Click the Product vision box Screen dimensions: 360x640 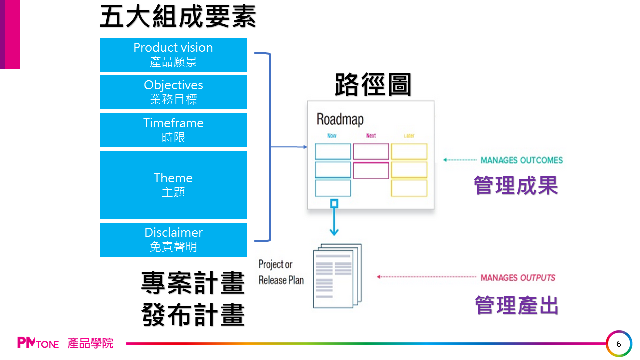pos(173,55)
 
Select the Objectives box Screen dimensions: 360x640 pos(173,92)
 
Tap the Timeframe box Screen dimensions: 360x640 pos(173,130)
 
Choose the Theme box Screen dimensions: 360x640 pos(173,185)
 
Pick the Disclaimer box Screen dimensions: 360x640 pos(173,240)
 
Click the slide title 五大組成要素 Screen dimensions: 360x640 pos(178,17)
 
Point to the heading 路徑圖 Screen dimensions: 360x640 pos(373,85)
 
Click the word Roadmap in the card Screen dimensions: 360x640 pos(340,119)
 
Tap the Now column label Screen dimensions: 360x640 pos(332,136)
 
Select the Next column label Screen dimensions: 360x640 pos(371,136)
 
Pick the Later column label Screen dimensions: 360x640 pos(409,136)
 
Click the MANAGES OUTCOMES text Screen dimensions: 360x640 pos(521,160)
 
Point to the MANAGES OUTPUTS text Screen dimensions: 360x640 pos(518,278)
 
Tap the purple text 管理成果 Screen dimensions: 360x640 pos(516,186)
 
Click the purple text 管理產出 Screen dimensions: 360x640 pos(516,305)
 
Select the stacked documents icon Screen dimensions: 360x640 pos(336,276)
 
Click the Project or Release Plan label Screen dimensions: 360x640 pos(281,272)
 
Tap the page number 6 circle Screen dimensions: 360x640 pos(619,344)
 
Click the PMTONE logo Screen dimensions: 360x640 pos(38,343)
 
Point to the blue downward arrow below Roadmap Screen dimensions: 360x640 pos(334,220)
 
